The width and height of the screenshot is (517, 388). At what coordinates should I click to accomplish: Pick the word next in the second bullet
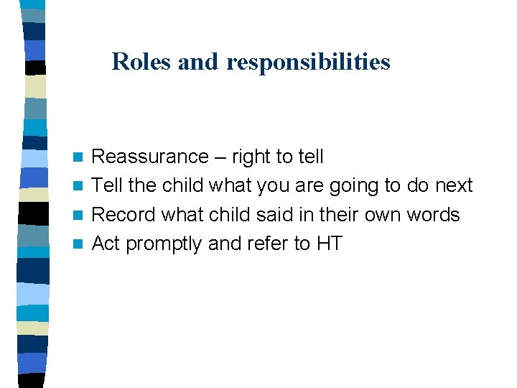click(x=454, y=186)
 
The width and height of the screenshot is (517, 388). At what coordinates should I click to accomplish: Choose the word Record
click(x=124, y=215)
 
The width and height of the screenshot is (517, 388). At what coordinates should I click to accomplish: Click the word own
click(x=381, y=216)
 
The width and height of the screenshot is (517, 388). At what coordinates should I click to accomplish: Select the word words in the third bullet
click(x=434, y=215)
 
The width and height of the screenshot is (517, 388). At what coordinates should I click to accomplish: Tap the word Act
click(x=106, y=244)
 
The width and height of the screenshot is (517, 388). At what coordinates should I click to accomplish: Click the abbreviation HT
click(x=330, y=244)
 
